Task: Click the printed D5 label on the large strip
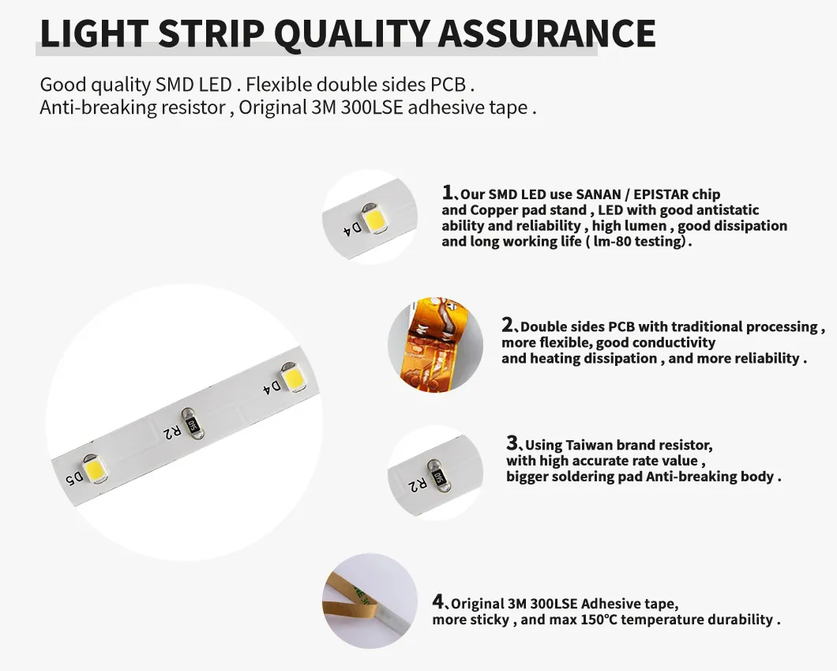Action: tap(73, 478)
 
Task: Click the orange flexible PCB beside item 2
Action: tap(434, 344)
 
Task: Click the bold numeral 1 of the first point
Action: tap(448, 192)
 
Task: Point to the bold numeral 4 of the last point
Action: tap(438, 602)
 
